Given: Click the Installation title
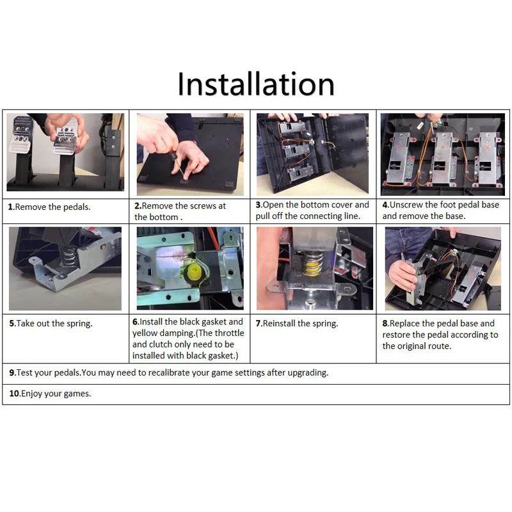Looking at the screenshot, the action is (x=256, y=84).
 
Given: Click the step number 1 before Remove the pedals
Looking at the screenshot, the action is (x=10, y=207).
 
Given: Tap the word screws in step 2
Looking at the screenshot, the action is (x=201, y=205).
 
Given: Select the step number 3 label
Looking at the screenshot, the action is (x=259, y=205).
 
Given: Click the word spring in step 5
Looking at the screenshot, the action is (x=79, y=324).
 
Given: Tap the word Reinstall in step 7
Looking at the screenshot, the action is (x=279, y=323).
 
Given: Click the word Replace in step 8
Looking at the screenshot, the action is (x=404, y=323).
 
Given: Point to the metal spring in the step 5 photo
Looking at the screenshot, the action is (x=68, y=256).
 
